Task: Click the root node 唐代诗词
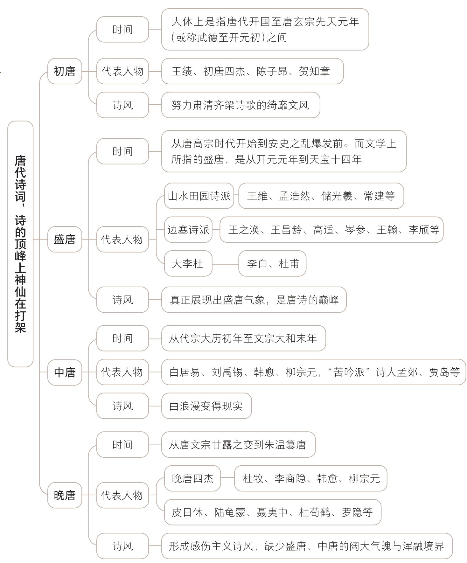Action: click(x=20, y=244)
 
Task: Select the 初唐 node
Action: click(x=65, y=71)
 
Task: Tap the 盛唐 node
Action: click(x=65, y=239)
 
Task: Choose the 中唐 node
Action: click(x=65, y=372)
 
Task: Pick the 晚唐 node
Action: click(x=65, y=495)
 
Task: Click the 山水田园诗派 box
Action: click(x=199, y=196)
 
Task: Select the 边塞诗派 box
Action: click(x=188, y=230)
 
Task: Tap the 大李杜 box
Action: click(x=188, y=263)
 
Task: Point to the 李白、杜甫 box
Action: click(x=272, y=263)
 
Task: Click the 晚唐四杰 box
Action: click(x=192, y=478)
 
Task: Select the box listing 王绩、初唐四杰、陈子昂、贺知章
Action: click(x=252, y=71)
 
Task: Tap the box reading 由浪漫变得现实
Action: click(x=206, y=406)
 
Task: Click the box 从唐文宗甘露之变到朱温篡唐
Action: click(x=238, y=445)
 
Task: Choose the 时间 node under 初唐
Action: click(x=122, y=30)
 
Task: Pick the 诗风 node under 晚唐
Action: click(x=122, y=546)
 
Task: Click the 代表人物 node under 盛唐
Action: click(x=122, y=239)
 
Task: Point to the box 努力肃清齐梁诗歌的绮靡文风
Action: click(x=240, y=105)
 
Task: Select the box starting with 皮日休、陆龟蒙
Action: click(x=272, y=512)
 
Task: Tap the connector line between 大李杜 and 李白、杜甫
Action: click(x=225, y=264)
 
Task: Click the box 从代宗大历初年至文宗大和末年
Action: click(x=243, y=338)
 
